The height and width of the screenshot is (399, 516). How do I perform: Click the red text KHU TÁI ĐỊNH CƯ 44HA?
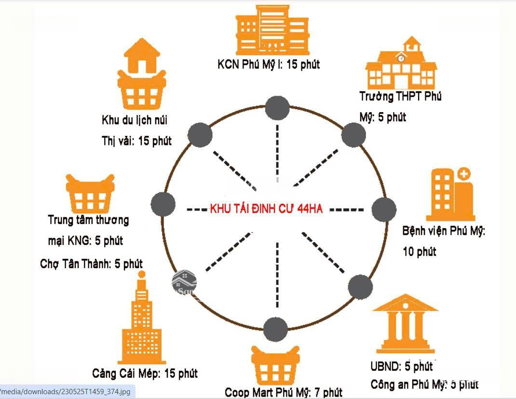tap(266, 209)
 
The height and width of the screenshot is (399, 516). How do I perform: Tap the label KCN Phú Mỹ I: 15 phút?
tap(269, 64)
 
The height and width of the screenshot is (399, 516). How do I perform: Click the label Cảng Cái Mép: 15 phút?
tap(145, 373)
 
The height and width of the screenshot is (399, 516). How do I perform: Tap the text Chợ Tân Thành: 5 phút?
tap(92, 264)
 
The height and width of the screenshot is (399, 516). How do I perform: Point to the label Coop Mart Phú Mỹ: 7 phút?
tap(284, 392)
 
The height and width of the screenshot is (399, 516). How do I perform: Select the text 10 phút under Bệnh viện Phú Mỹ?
tap(420, 251)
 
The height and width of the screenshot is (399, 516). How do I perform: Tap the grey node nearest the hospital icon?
tap(384, 209)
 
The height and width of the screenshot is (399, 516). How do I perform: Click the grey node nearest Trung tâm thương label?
tap(163, 204)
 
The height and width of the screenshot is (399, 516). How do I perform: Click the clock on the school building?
tap(401, 58)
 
